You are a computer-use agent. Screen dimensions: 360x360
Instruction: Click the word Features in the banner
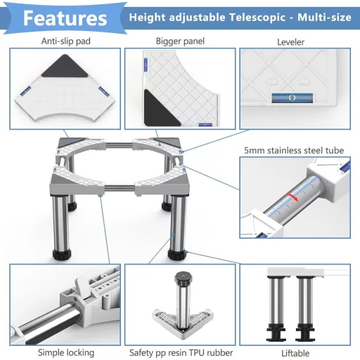pos(65,18)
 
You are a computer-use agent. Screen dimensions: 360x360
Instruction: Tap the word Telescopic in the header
pos(257,18)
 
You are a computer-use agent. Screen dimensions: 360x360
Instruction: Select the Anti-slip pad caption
pos(66,41)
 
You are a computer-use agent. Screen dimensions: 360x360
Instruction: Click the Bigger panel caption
pos(180,41)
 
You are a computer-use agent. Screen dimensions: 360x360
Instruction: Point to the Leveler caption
pos(290,42)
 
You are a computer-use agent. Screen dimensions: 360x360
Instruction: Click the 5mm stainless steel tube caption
pos(294,150)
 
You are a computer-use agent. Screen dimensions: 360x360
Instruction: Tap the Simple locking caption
pos(66,353)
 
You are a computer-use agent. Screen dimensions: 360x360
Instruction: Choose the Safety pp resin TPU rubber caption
pos(181,353)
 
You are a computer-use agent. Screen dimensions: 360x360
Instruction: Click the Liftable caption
pos(295,353)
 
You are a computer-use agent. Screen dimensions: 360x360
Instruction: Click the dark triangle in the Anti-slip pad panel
pos(65,68)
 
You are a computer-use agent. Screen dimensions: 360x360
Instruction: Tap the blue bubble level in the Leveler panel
pos(292,98)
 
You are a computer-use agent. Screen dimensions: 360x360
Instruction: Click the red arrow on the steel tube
pos(292,198)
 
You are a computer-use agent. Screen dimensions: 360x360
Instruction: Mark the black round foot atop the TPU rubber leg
pos(184,278)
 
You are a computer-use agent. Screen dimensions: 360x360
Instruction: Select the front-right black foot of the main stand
pos(177,255)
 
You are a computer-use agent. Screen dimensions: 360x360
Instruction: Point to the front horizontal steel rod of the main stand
pos(120,188)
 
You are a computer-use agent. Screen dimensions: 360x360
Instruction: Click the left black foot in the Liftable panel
pos(276,333)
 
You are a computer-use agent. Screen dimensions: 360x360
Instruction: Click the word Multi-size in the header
pos(324,18)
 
